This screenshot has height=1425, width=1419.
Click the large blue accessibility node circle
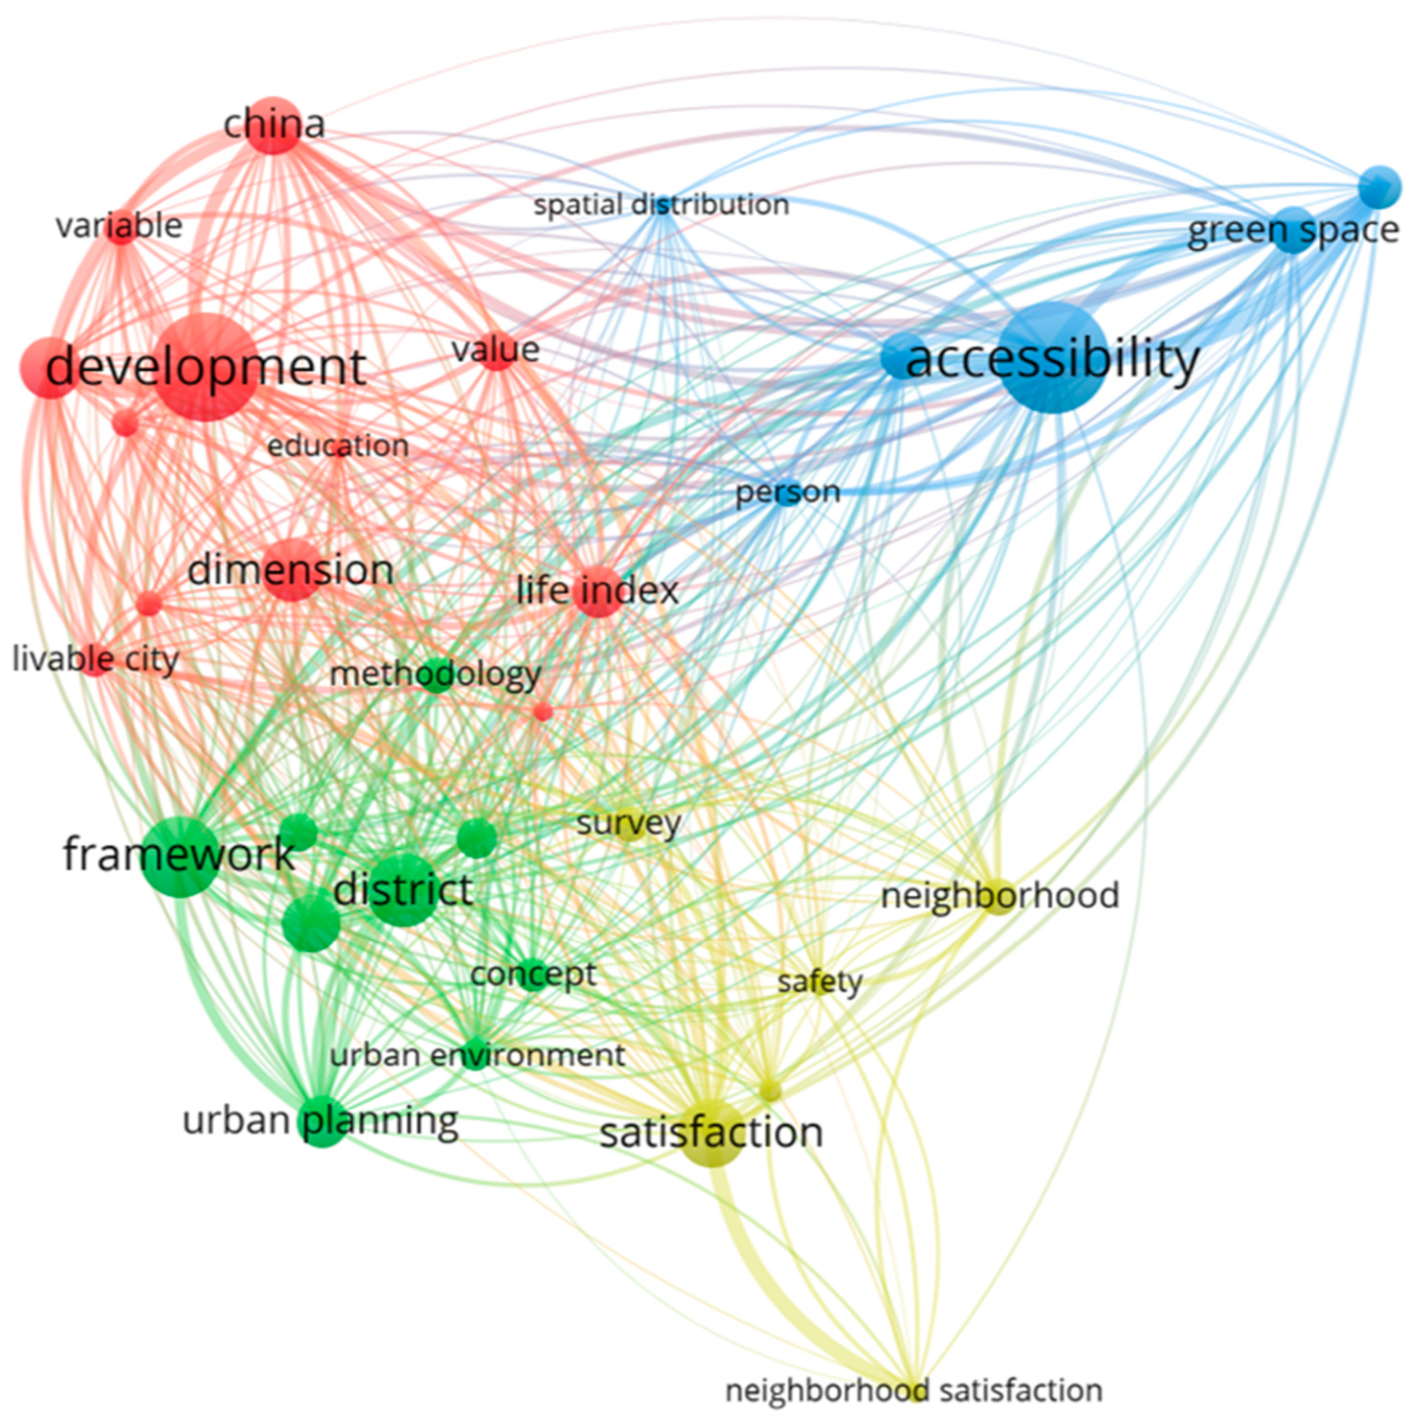pos(1052,357)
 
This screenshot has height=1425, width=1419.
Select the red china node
pos(274,125)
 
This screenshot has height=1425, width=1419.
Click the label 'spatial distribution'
pos(661,205)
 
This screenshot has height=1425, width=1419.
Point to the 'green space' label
pos(1292,230)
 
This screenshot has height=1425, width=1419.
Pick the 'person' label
pos(787,492)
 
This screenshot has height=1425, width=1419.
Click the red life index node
pos(599,591)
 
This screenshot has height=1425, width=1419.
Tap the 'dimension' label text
pos(289,570)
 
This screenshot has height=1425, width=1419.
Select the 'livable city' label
pos(96,659)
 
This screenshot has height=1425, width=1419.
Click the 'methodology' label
pos(435,674)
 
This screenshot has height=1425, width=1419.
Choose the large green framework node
pos(179,858)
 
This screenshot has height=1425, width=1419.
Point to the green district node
pos(403,889)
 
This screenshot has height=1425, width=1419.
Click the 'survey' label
pos(628,823)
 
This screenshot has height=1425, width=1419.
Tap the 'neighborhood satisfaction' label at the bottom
pos(914,1391)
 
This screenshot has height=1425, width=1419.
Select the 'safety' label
pos(819,982)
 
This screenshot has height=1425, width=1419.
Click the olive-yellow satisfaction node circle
pos(710,1135)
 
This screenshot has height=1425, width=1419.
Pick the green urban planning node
pos(323,1122)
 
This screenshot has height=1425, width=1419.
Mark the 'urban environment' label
pos(477,1054)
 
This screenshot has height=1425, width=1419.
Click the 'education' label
pos(338,446)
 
